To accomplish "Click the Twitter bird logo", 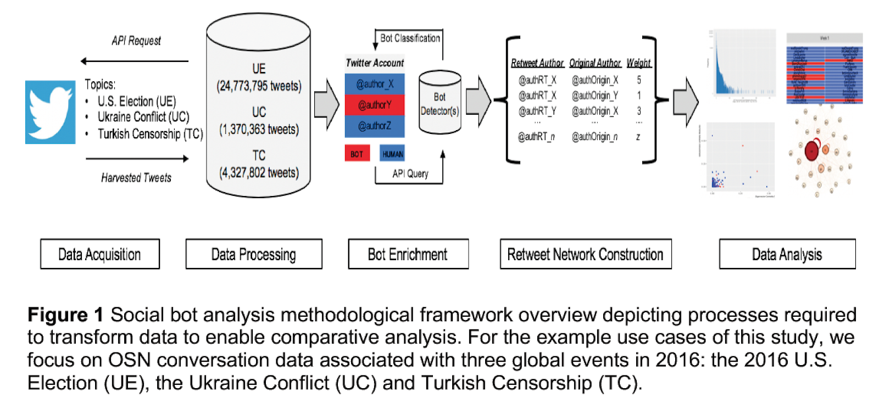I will pyautogui.click(x=50, y=112).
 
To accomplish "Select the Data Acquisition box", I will pyautogui.click(x=99, y=254).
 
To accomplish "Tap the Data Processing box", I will pyautogui.click(x=253, y=254).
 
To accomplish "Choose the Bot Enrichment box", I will pyautogui.click(x=408, y=254).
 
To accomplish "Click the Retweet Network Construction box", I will pyautogui.click(x=585, y=254).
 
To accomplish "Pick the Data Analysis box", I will pyautogui.click(x=787, y=254).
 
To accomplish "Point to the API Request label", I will pyautogui.click(x=136, y=41).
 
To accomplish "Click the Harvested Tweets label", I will pyautogui.click(x=136, y=178).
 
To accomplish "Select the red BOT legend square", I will pyautogui.click(x=357, y=154).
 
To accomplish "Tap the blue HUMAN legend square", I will pyautogui.click(x=392, y=154).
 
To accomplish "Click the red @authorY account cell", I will pyautogui.click(x=375, y=105).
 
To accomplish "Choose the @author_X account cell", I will pyautogui.click(x=375, y=84).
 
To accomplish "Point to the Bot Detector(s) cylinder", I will pyautogui.click(x=439, y=103).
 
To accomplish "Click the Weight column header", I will pyautogui.click(x=638, y=63).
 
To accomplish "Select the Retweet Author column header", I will pyautogui.click(x=537, y=63).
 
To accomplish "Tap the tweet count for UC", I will pyautogui.click(x=259, y=130).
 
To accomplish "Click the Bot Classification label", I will pyautogui.click(x=410, y=38).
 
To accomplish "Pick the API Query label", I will pyautogui.click(x=410, y=174).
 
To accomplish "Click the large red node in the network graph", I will pyautogui.click(x=812, y=150).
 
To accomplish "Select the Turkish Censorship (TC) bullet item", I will pyautogui.click(x=150, y=134).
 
